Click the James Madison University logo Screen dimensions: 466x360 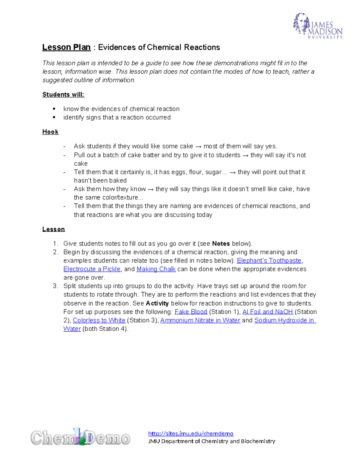318,26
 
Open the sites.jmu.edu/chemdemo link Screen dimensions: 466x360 190,433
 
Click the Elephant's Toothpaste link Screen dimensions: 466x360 269,260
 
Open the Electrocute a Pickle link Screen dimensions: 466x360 92,269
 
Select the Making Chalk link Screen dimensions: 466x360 156,269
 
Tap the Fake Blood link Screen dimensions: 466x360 191,312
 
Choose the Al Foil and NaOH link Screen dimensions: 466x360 268,312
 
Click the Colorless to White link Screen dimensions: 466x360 99,320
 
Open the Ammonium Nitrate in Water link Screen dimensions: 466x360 200,320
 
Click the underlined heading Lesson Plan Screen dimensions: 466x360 66,47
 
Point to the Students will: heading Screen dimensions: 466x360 63,95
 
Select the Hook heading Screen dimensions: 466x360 50,132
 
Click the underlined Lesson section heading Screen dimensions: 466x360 53,229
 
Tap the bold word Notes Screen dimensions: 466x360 221,244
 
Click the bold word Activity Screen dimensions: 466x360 157,303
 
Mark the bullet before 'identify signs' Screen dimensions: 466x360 54,117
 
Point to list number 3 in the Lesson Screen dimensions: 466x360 55,286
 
